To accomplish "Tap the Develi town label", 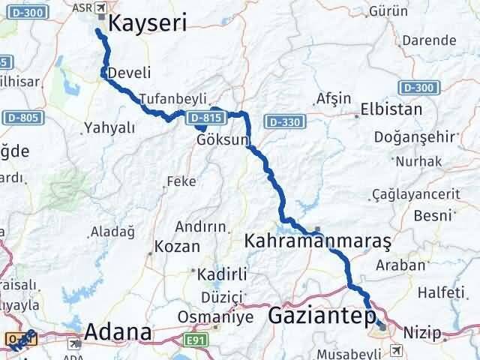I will [129, 73].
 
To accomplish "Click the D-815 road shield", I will [205, 118].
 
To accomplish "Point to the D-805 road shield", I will [23, 118].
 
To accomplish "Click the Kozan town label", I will [177, 245].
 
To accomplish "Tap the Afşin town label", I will [334, 98].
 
